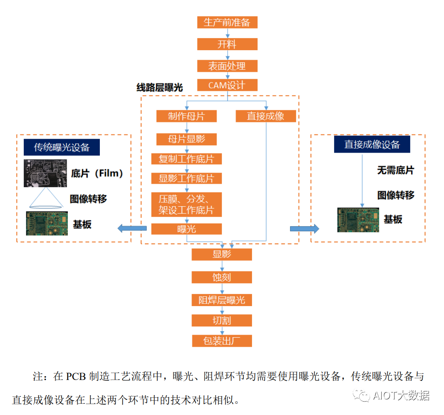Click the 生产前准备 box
pyautogui.click(x=227, y=22)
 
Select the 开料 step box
pyautogui.click(x=227, y=45)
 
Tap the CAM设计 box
pyautogui.click(x=227, y=85)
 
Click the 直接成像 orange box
pyautogui.click(x=266, y=116)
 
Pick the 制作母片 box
pyautogui.click(x=186, y=116)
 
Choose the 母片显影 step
pyautogui.click(x=186, y=139)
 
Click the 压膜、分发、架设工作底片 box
pyautogui.click(x=186, y=205)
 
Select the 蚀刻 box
pyautogui.click(x=222, y=278)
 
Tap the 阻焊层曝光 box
pyautogui.click(x=222, y=300)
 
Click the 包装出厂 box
pyautogui.click(x=222, y=341)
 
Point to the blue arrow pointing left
pyautogui.click(x=132, y=228)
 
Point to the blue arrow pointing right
pyautogui.click(x=304, y=228)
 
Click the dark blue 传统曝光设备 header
pyautogui.click(x=62, y=147)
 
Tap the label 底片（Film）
pyautogui.click(x=98, y=174)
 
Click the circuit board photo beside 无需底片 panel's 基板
pyautogui.click(x=358, y=220)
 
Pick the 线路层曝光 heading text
pyautogui.click(x=160, y=88)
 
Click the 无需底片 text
pyautogui.click(x=395, y=170)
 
